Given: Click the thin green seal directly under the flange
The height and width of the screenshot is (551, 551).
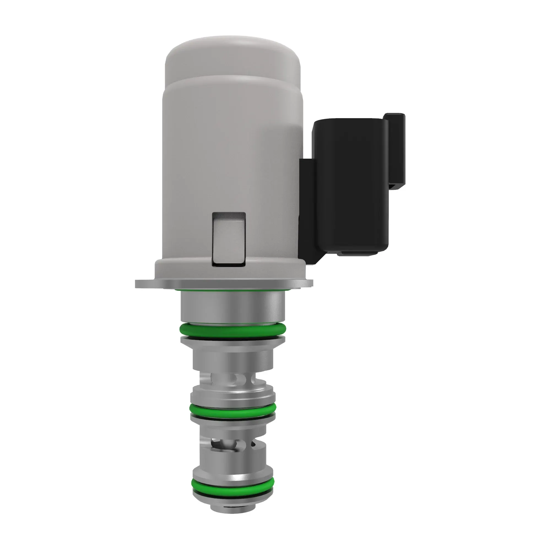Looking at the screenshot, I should (233, 290).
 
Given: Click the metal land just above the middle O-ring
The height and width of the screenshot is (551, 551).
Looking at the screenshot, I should (233, 396).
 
